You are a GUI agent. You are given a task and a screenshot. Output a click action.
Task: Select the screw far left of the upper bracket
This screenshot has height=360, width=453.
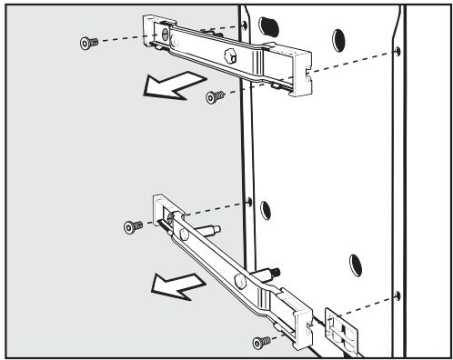(87, 42)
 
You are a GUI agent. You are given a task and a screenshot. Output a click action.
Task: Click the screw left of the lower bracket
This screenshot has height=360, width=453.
(131, 225)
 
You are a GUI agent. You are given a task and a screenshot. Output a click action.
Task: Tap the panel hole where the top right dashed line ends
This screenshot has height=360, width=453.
(398, 51)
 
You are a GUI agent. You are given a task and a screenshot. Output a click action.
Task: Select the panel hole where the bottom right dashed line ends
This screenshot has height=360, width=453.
(398, 295)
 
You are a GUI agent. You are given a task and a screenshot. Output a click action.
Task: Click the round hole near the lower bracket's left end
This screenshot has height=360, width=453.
(186, 235)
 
